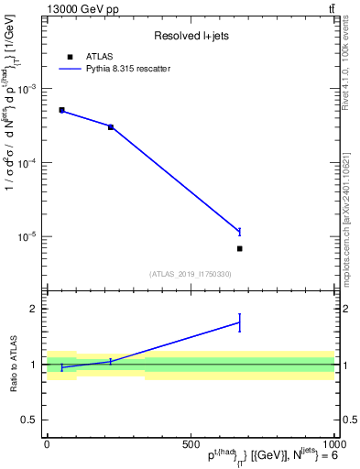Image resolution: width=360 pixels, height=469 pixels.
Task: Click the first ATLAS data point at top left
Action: point(61,110)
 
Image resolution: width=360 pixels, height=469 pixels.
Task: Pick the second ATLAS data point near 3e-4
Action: point(111,126)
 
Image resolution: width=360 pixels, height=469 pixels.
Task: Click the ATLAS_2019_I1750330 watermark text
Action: point(190,274)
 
